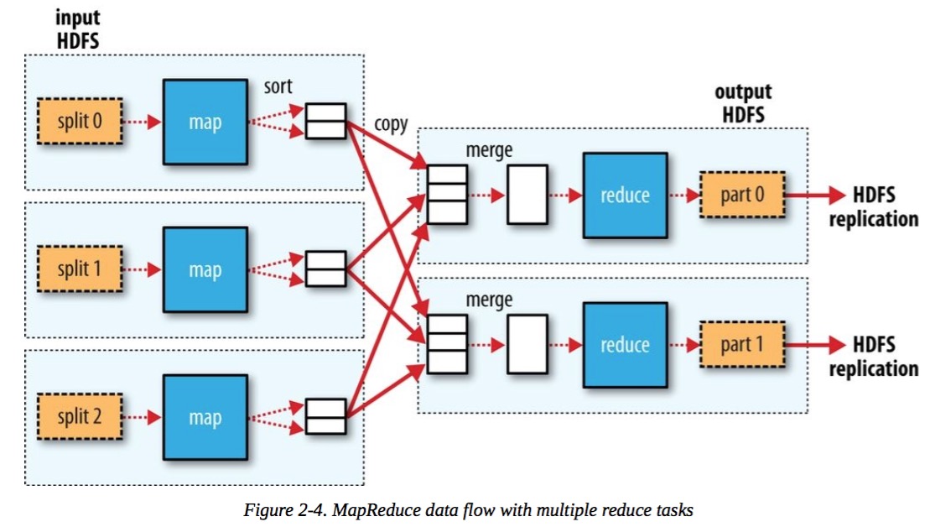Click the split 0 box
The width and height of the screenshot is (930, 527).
[x=80, y=122]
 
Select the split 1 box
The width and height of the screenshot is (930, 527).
[x=80, y=270]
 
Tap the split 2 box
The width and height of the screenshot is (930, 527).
[x=80, y=416]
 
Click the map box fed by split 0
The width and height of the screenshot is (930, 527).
[x=205, y=122]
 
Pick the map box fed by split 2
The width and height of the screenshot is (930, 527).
[x=205, y=416]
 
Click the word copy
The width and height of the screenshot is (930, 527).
[x=391, y=124]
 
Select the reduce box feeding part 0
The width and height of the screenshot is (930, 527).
[x=626, y=195]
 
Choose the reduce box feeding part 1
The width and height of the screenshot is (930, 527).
[x=626, y=345]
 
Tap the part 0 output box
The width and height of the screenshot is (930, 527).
[x=742, y=195]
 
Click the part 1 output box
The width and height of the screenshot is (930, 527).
[x=742, y=345]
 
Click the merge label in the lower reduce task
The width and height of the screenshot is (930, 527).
[x=489, y=299]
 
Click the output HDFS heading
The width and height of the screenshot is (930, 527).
[x=742, y=102]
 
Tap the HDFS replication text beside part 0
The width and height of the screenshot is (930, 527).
[x=872, y=207]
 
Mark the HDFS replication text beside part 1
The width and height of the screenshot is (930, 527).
[x=872, y=357]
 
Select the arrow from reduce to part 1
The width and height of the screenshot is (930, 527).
[x=683, y=345]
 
